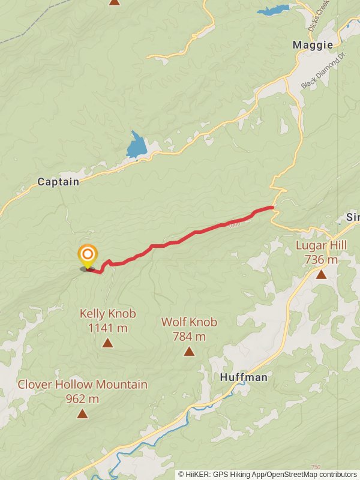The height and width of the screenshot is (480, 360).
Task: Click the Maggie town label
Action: coord(313,45)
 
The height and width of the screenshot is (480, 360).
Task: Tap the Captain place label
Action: coord(58,181)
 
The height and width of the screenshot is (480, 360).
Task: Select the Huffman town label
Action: coord(244,377)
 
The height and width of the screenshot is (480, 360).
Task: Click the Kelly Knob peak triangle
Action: coord(107,343)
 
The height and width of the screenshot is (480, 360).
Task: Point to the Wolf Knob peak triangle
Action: coord(189,351)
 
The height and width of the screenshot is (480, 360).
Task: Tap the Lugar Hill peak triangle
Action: coord(321,274)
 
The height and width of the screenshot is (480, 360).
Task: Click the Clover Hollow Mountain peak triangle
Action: coord(82,413)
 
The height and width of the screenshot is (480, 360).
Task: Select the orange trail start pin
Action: coord(88,255)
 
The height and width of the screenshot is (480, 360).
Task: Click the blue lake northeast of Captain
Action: coord(137,146)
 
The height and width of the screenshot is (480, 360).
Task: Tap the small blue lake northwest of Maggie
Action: coord(274,10)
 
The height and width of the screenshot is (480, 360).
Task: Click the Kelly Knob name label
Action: coord(107,314)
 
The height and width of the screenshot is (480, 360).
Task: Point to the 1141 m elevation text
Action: coord(107,328)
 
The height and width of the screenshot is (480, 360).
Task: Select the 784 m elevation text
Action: coord(189,337)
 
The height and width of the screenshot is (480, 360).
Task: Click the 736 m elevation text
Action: coord(321,260)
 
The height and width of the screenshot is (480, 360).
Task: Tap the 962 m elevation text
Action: coord(82,398)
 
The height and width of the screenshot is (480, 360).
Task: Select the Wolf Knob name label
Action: coord(189,322)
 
